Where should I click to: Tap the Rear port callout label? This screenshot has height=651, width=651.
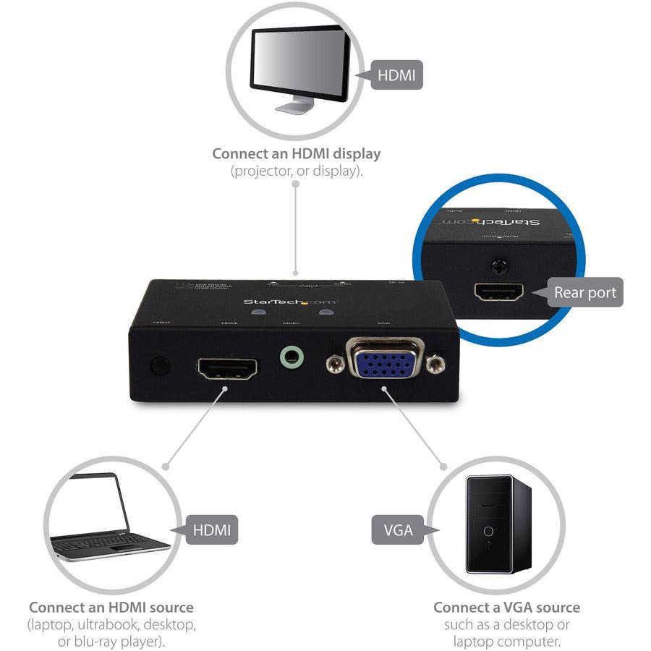584,293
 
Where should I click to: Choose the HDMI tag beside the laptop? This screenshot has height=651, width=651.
211,530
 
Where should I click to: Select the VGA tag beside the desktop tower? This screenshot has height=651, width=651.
398,530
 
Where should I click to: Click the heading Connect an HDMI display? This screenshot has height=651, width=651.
296,154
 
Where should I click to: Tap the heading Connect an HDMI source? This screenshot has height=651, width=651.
111,608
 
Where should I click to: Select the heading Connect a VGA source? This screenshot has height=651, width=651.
506,608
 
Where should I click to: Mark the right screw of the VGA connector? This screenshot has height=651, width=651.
433,365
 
